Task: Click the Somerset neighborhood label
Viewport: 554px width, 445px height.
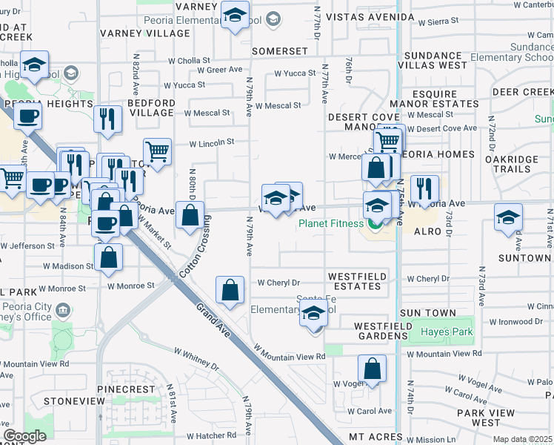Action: click(279, 51)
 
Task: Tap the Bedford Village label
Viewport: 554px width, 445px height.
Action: click(152, 108)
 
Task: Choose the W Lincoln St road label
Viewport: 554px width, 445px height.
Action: click(212, 142)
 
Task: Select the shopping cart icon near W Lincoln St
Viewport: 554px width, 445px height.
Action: click(157, 151)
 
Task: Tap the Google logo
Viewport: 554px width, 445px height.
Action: click(24, 435)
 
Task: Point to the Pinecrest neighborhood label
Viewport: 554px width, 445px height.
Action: click(130, 389)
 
